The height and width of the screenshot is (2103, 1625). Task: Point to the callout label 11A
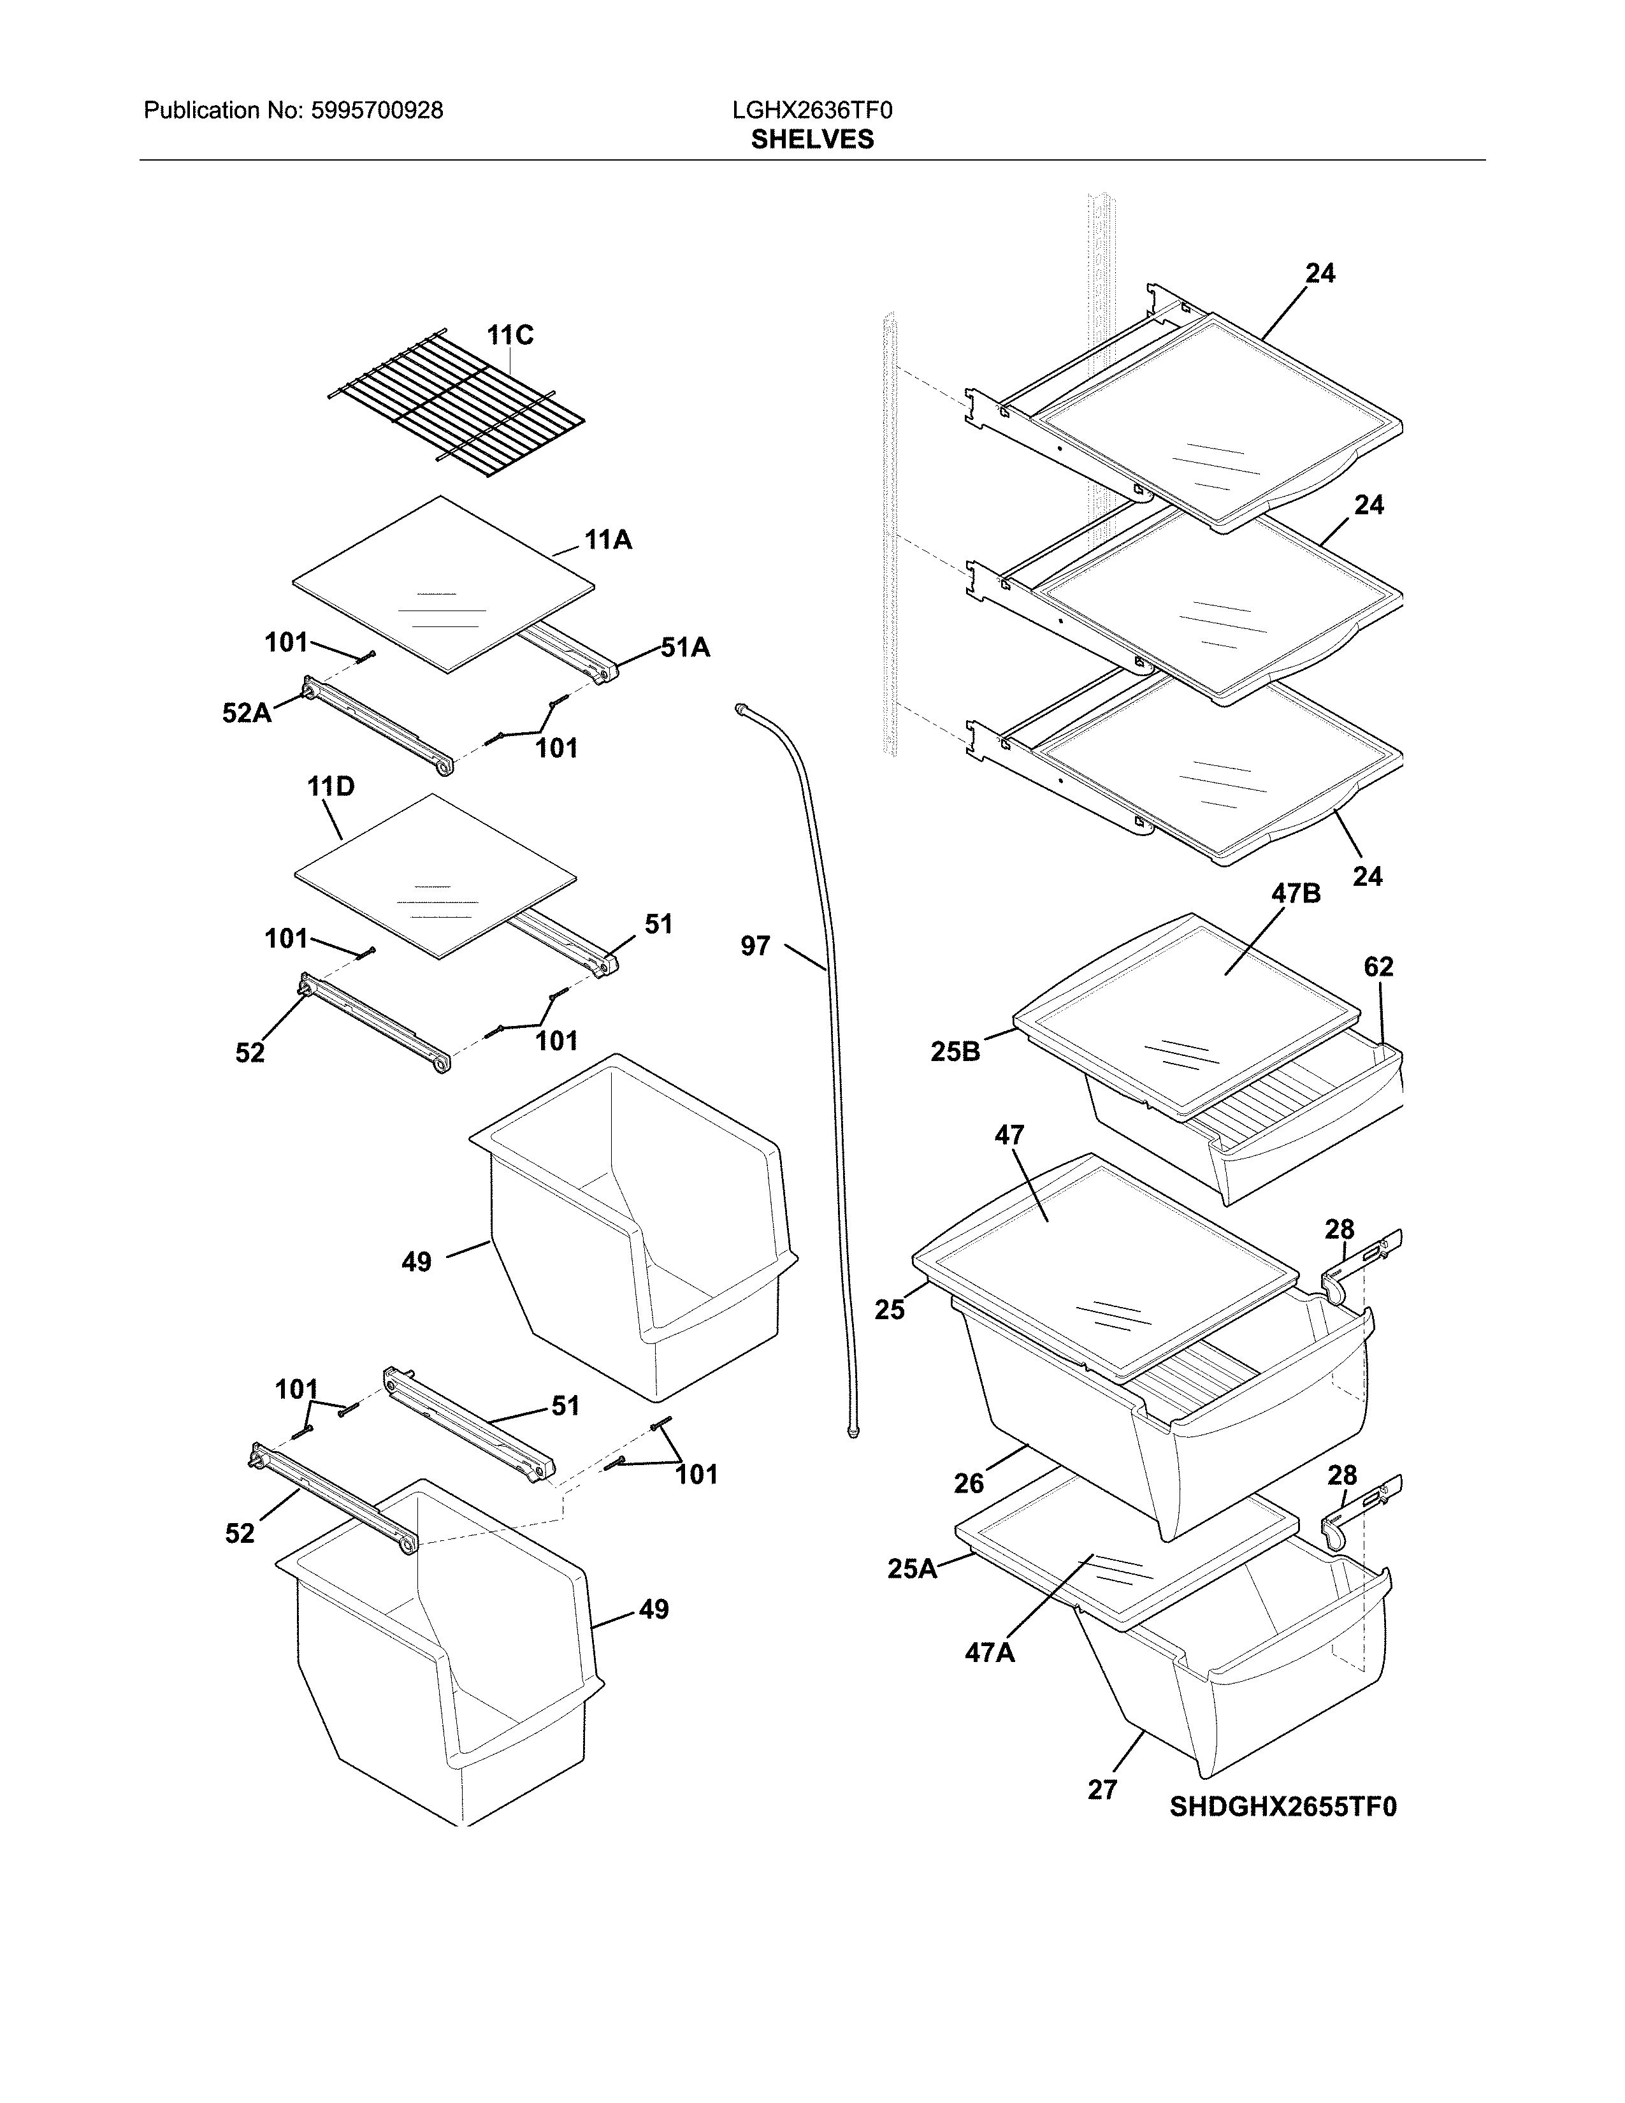[x=609, y=540]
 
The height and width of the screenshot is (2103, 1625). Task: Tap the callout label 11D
[x=330, y=786]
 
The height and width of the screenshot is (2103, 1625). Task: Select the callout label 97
[x=756, y=946]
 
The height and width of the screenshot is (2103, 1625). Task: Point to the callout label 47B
[x=1296, y=893]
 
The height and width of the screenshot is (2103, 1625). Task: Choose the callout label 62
[x=1378, y=966]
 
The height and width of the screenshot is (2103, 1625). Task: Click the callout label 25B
[x=955, y=1051]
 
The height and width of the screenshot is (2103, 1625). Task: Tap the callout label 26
[x=969, y=1484]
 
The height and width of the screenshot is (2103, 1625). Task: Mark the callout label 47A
[x=990, y=1653]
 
